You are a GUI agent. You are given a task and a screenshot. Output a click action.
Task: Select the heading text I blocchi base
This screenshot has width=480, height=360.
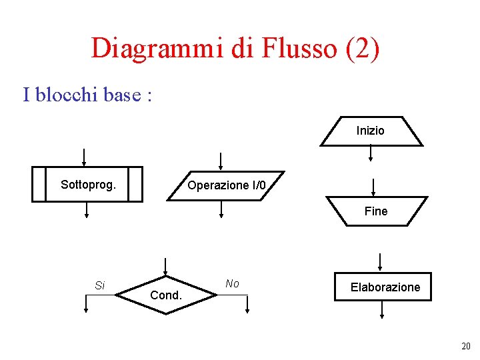click(87, 95)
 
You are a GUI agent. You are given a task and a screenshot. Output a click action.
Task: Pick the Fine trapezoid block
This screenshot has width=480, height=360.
click(376, 211)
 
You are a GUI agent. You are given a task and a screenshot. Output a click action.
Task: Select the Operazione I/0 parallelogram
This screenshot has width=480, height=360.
click(227, 185)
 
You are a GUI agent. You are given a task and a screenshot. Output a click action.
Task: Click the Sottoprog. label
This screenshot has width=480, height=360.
click(88, 184)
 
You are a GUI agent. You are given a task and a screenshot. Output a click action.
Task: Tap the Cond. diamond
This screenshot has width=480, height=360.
click(167, 295)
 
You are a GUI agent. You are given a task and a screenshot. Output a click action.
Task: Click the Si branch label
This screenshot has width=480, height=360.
click(99, 285)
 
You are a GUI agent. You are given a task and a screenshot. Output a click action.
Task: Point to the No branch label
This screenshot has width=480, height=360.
click(232, 283)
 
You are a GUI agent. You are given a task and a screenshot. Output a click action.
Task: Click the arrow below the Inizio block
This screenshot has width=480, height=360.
click(371, 154)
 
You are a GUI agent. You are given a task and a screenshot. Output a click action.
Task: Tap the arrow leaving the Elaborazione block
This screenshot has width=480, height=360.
click(382, 310)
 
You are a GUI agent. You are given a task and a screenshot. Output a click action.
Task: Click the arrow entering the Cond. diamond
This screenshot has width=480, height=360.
click(165, 266)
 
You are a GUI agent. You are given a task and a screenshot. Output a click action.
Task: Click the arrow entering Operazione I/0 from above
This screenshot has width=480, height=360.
click(221, 161)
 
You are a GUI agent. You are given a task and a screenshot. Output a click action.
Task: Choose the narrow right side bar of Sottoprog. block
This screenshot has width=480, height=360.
click(135, 184)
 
